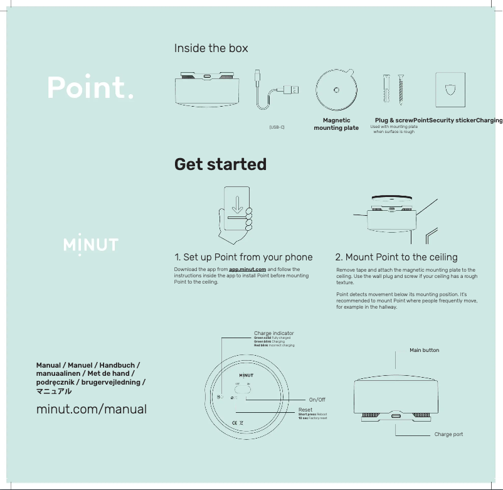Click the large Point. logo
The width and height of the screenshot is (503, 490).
pos(90,88)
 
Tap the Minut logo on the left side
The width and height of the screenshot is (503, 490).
pos(91,243)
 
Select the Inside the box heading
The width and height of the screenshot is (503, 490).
pos(211,48)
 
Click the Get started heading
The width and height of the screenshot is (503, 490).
pos(220,164)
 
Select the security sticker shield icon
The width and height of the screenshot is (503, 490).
pos(451,89)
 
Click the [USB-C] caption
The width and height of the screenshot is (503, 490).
pos(277,127)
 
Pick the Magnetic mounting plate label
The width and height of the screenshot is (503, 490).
pos(336,124)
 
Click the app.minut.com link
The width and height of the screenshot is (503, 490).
pos(247,269)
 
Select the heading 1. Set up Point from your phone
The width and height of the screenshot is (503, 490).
pos(243,257)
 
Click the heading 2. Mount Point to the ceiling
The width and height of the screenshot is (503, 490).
pos(396,257)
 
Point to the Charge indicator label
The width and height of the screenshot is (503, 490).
pos(273,333)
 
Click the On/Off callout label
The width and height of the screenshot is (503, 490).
pos(317,400)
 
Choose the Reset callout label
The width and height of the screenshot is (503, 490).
pos(305,410)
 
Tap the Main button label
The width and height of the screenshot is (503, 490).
pos(424,350)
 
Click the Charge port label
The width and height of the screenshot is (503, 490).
pos(448,434)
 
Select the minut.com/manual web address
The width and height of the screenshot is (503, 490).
pos(92,410)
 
